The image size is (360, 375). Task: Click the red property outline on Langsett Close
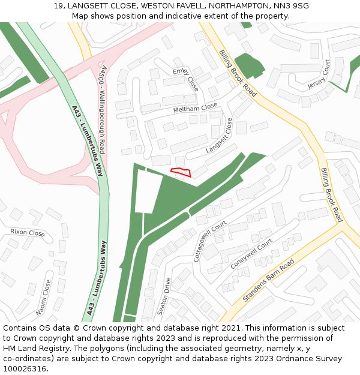[181, 173]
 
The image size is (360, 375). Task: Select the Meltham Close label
[195, 108]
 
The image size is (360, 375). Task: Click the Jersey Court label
[319, 75]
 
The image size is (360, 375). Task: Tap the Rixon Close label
[28, 233]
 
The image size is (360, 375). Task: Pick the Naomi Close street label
[44, 298]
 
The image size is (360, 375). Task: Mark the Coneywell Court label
[251, 253]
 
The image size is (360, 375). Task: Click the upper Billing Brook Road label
[238, 73]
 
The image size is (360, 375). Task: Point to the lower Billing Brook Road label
[331, 194]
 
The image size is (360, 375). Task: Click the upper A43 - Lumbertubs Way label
[88, 141]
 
